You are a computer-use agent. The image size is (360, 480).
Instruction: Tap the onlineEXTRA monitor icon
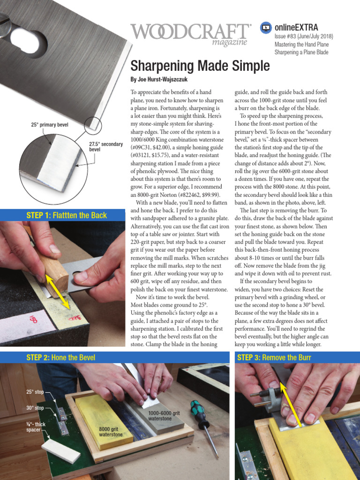(x=266, y=28)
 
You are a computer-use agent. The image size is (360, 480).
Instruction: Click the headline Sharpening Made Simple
(x=200, y=66)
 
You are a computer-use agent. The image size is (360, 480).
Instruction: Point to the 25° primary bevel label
(x=49, y=125)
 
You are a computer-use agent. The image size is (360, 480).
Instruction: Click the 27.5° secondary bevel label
(x=105, y=147)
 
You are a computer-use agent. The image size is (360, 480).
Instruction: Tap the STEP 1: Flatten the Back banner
(x=67, y=216)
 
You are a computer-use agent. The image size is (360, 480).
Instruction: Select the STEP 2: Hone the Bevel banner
(x=61, y=358)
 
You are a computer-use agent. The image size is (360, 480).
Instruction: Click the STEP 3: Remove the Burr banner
(x=274, y=358)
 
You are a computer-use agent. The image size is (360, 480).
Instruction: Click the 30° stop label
(x=35, y=408)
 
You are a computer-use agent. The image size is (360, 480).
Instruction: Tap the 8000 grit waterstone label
(x=111, y=432)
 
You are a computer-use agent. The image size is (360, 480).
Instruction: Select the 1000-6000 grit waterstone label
(x=164, y=416)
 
